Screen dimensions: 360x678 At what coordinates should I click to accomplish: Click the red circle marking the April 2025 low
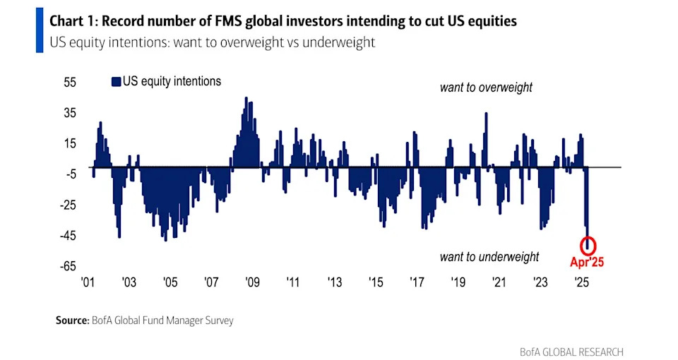588,246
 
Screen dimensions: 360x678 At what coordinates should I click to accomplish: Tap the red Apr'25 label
588,262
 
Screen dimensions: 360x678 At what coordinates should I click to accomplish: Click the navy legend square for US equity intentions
117,82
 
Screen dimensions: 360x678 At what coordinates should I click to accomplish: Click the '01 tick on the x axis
88,282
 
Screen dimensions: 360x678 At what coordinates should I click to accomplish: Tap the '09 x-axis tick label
252,282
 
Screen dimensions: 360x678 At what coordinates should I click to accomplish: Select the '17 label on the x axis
417,282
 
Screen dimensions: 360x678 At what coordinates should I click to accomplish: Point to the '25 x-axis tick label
581,282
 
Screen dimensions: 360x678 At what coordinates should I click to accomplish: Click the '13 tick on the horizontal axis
334,282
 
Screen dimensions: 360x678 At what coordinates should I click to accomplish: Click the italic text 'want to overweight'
486,88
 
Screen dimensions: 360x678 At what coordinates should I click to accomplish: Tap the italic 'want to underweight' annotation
489,257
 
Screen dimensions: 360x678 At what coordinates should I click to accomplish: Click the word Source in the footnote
72,320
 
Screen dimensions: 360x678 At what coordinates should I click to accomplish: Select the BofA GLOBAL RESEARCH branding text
571,352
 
